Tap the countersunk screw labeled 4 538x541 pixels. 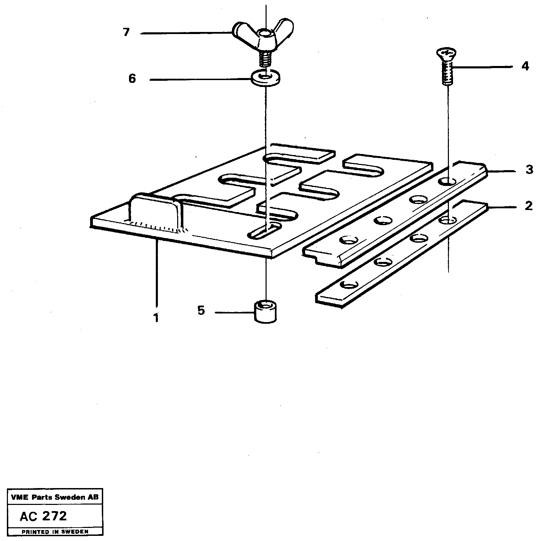446,67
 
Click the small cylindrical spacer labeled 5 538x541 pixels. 266,311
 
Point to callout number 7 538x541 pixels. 126,33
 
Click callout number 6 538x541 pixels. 132,79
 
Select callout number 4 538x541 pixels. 525,66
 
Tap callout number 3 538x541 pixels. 529,169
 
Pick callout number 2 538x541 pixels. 528,206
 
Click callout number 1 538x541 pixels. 156,318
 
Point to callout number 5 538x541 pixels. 201,311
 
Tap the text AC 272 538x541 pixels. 43,516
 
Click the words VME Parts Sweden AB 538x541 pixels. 54,497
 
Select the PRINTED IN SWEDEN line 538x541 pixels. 55,532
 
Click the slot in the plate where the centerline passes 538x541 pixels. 264,230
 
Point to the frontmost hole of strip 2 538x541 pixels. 349,285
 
